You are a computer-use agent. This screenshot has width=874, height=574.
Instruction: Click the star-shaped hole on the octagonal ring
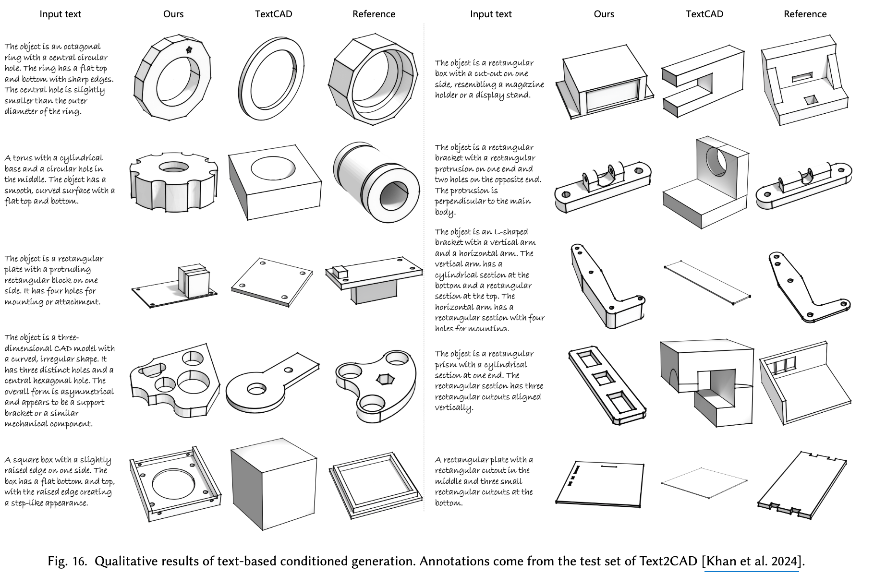pos(189,49)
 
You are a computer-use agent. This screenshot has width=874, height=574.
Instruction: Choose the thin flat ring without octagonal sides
pos(271,76)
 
